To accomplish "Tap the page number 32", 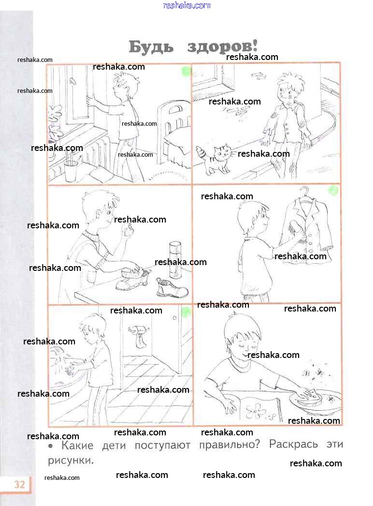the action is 19,484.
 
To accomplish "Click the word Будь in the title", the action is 151,47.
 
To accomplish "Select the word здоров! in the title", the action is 222,46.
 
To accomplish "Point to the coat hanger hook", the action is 304,192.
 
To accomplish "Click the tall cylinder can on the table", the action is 175,260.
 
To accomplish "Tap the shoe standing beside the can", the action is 172,288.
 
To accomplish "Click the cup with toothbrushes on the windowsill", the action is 71,170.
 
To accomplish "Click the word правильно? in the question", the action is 229,445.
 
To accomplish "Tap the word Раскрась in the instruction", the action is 293,444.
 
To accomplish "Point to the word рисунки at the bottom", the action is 71,460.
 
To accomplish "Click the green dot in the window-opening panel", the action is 186,71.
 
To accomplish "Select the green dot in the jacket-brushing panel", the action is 333,191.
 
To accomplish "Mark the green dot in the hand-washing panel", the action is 186,312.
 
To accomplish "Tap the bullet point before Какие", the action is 50,446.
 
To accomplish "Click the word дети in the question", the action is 114,446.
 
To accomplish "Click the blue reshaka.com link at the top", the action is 186,5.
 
